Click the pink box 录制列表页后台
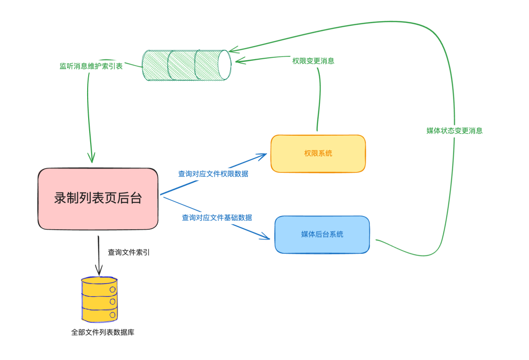(x=98, y=199)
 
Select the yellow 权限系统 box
(x=318, y=153)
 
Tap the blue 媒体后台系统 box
(x=322, y=235)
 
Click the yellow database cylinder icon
(x=99, y=300)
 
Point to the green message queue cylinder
(x=187, y=65)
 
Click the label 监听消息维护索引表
(x=91, y=66)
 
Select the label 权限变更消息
(x=313, y=61)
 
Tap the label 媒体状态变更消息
(x=455, y=131)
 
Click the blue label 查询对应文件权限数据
(x=213, y=174)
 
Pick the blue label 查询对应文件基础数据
(x=217, y=217)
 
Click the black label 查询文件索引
(x=128, y=252)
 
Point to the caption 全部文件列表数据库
(x=103, y=333)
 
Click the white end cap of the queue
(x=224, y=65)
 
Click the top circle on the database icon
(x=113, y=289)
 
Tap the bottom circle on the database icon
(x=113, y=315)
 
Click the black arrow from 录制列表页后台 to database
(x=98, y=255)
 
